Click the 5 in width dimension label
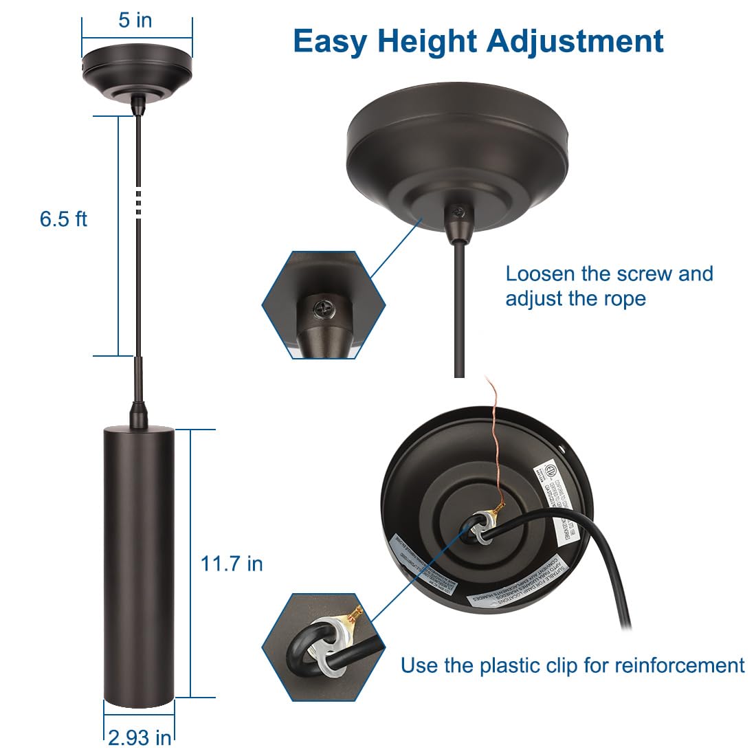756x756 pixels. [x=135, y=20]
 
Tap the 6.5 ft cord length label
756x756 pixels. [x=63, y=219]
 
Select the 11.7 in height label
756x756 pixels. [x=232, y=564]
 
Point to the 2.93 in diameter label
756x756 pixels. [x=140, y=737]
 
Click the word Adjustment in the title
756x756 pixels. [x=575, y=41]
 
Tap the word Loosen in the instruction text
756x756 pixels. [x=540, y=274]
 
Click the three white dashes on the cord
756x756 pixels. [x=139, y=203]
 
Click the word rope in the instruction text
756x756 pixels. [x=626, y=299]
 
